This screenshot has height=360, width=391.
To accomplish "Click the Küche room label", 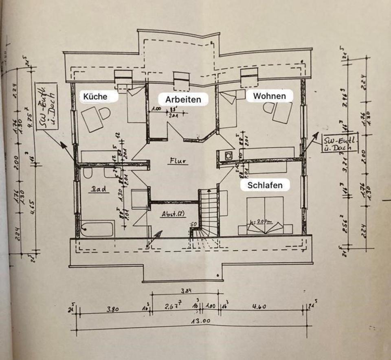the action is [x=95, y=97].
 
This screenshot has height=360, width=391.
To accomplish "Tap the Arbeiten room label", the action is [x=183, y=99].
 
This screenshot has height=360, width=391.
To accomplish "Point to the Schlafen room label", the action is [x=265, y=185].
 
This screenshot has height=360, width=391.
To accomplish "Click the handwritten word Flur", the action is [x=178, y=161].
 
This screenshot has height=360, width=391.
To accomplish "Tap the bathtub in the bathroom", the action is [x=97, y=229].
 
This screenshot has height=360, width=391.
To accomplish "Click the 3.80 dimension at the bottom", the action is [x=113, y=309].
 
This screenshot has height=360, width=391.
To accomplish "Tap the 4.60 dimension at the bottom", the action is [x=259, y=307].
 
